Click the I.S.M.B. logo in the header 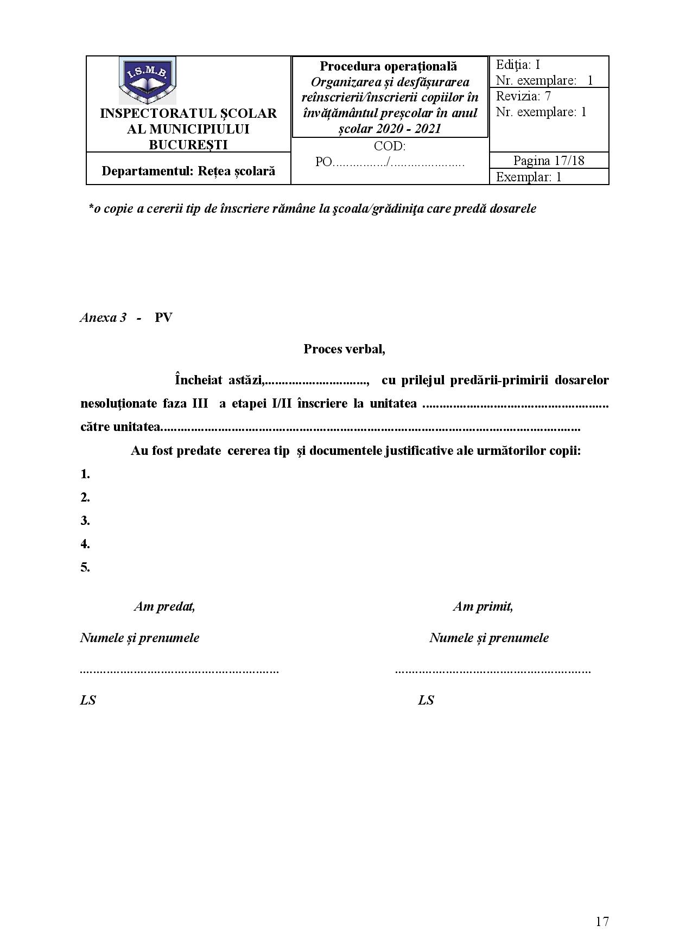click(x=147, y=81)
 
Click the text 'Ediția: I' click(x=518, y=65)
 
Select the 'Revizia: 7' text click(x=523, y=97)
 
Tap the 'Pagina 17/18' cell click(x=549, y=161)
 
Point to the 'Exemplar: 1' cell click(x=529, y=177)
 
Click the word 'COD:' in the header click(x=390, y=146)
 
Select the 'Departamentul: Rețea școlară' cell click(x=188, y=171)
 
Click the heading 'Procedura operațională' click(x=389, y=66)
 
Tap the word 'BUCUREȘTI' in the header click(x=188, y=144)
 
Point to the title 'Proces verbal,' click(x=344, y=349)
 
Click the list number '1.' click(x=85, y=474)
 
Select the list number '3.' click(x=85, y=521)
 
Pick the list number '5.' click(x=85, y=567)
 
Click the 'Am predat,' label click(x=164, y=606)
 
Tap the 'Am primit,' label click(x=483, y=606)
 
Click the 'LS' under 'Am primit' click(x=426, y=700)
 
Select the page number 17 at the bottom click(x=602, y=921)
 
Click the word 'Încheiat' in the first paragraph click(x=199, y=380)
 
